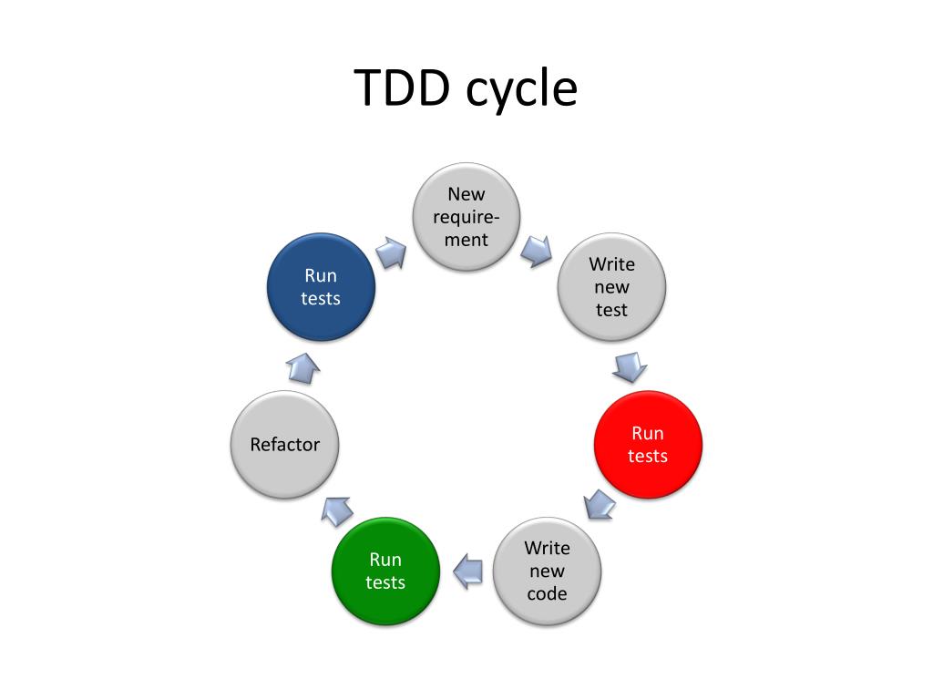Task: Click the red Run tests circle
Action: pos(648,445)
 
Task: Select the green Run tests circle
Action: pos(385,571)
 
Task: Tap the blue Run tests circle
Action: pos(321,287)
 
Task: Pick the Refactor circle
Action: pos(285,445)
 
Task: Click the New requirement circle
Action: pos(466,217)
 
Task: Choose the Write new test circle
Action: pos(611,287)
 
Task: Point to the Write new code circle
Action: pos(547,571)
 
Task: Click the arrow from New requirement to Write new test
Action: pos(538,249)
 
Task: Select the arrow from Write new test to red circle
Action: pos(630,366)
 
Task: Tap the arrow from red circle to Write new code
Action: pos(599,504)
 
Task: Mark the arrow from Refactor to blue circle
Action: pos(302,367)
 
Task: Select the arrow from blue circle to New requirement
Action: pos(392,252)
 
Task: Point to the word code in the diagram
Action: pos(547,594)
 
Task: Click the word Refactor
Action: pos(285,445)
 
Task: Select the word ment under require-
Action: pos(466,241)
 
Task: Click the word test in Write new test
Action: pos(611,310)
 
